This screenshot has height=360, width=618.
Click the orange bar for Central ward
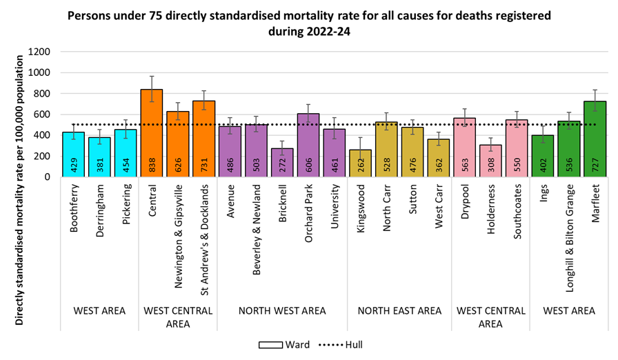coord(152,132)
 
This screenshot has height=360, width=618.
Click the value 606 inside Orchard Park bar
coord(312,166)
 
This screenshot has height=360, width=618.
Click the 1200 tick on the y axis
coord(39,52)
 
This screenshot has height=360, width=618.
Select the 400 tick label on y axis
coord(41,135)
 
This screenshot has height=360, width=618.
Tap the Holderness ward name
coord(490,213)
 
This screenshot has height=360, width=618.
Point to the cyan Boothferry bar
coord(73,154)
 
